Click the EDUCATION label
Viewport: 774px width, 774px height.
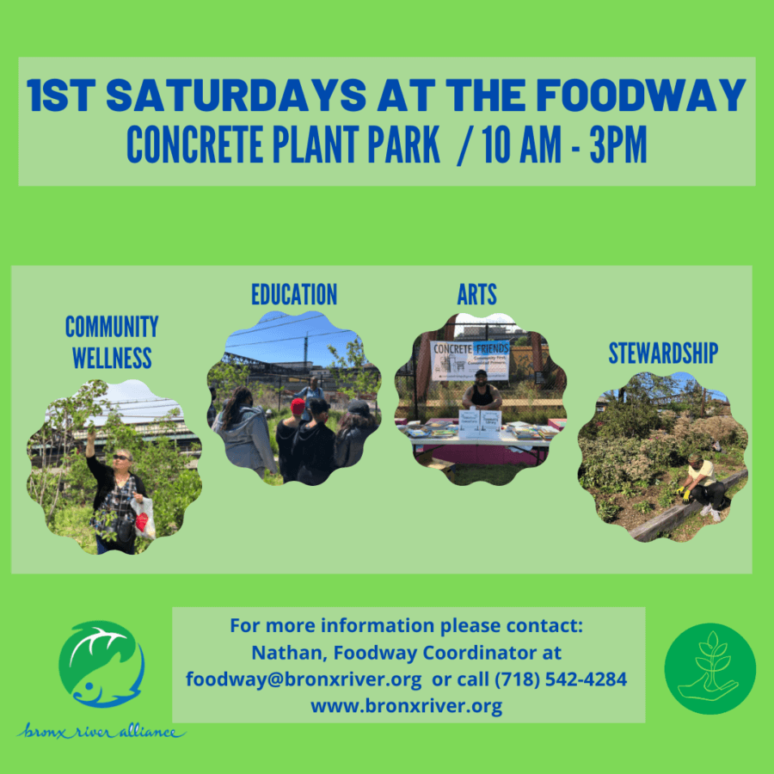click(294, 295)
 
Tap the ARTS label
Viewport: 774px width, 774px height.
click(477, 295)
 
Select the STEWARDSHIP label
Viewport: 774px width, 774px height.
click(663, 353)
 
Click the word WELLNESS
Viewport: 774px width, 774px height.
click(112, 357)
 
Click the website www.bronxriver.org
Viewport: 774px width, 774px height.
click(408, 706)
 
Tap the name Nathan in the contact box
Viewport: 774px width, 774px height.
click(279, 653)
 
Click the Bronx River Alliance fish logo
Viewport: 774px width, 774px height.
click(101, 664)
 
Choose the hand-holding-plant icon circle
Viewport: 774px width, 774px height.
click(709, 668)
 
